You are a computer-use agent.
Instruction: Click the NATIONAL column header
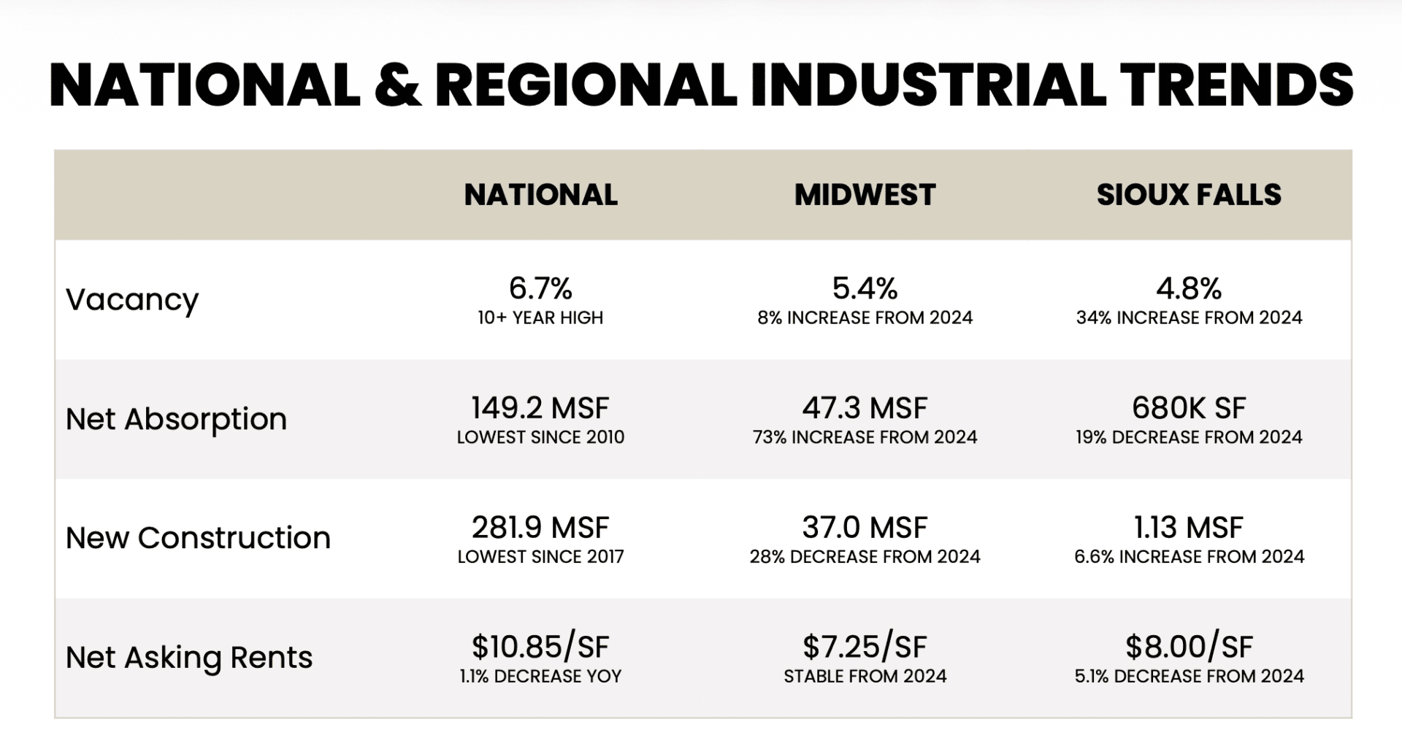pos(540,195)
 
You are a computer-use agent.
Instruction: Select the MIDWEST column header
pos(865,195)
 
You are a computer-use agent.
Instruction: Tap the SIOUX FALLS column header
pos(1189,195)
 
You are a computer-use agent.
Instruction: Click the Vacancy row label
pos(132,300)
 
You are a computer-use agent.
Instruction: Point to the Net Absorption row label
pos(176,419)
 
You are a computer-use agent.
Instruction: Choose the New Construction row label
pos(198,538)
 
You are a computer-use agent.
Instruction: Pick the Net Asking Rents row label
pos(189,658)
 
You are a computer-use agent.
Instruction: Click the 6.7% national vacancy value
pos(540,288)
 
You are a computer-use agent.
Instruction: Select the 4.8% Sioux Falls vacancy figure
pos(1189,288)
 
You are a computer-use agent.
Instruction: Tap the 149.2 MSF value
pos(540,408)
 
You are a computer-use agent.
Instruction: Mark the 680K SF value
pos(1189,408)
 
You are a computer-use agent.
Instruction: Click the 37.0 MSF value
pos(865,527)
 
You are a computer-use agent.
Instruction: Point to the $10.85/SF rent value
pos(540,647)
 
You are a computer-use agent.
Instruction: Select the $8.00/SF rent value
pos(1189,647)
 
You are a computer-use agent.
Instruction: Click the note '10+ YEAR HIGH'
pos(540,318)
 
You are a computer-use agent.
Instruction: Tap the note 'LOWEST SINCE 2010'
pos(540,437)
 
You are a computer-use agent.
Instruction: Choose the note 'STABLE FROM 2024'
pos(865,677)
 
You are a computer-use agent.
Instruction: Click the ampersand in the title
pos(398,85)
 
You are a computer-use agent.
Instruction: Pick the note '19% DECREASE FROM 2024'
pos(1189,437)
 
